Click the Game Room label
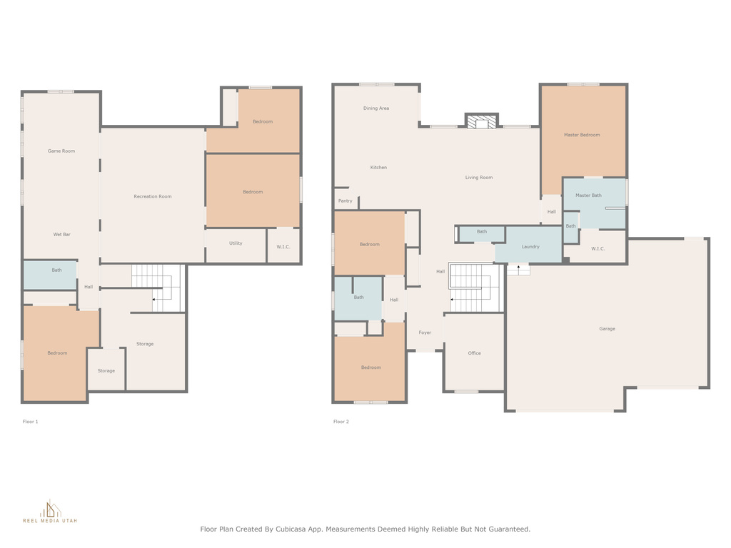click(x=61, y=151)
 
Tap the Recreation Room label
click(x=153, y=197)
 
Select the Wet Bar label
click(x=61, y=234)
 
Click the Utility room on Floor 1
click(x=236, y=245)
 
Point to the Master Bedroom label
click(x=582, y=135)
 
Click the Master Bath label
click(x=588, y=196)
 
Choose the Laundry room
click(x=529, y=245)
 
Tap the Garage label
click(x=607, y=328)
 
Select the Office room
click(x=474, y=352)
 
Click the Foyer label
click(x=425, y=333)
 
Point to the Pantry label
click(x=346, y=201)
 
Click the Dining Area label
click(x=376, y=108)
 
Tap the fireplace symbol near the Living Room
click(x=482, y=121)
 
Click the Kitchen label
click(x=378, y=167)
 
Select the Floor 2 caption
click(x=341, y=422)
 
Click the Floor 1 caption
click(x=30, y=422)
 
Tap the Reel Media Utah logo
click(x=50, y=511)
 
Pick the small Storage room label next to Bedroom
click(x=106, y=371)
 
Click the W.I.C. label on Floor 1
click(x=283, y=247)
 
